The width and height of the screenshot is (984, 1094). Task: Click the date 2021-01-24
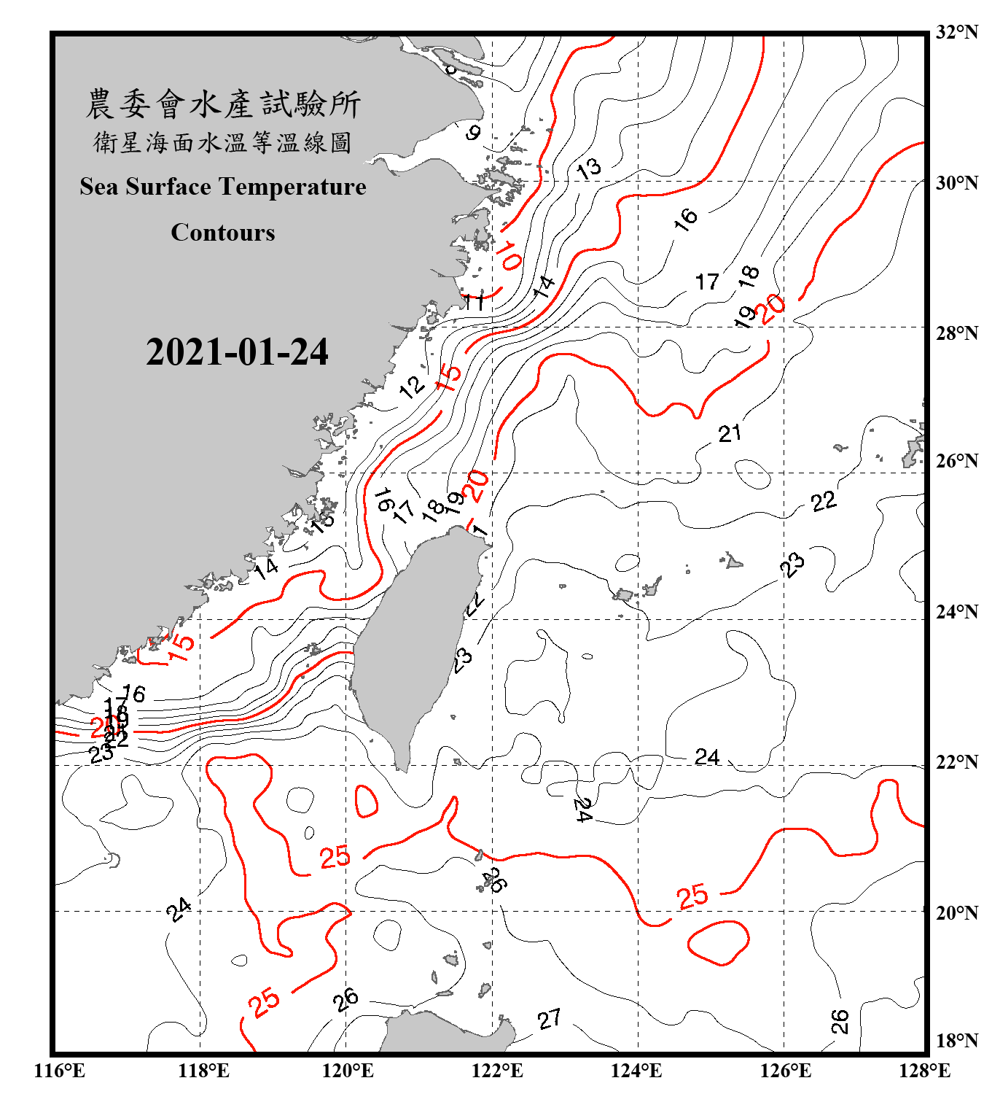(x=237, y=352)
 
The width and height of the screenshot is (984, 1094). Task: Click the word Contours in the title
(x=223, y=233)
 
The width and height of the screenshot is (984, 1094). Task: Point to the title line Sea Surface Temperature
(x=223, y=187)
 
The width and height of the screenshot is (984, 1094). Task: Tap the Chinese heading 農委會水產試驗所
(x=223, y=104)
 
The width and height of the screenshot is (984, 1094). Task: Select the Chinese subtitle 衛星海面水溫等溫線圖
(x=223, y=142)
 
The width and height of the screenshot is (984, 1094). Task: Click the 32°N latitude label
(x=956, y=32)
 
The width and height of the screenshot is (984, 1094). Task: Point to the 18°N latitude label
(x=956, y=1041)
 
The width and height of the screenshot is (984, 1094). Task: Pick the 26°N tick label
(x=956, y=461)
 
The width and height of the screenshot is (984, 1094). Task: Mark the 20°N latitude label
(x=956, y=912)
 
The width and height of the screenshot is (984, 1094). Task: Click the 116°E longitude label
(x=60, y=1071)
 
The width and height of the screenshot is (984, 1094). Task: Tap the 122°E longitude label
(x=497, y=1071)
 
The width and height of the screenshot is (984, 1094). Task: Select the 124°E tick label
(x=636, y=1071)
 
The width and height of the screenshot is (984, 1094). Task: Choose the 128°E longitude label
(x=924, y=1071)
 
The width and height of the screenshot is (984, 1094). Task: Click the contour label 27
(x=550, y=1019)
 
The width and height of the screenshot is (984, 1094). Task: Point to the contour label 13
(x=588, y=168)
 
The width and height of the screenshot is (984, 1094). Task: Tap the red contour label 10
(x=509, y=257)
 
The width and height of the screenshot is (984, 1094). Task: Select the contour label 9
(x=474, y=133)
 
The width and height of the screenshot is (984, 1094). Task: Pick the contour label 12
(x=413, y=386)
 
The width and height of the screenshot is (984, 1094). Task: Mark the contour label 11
(x=475, y=301)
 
